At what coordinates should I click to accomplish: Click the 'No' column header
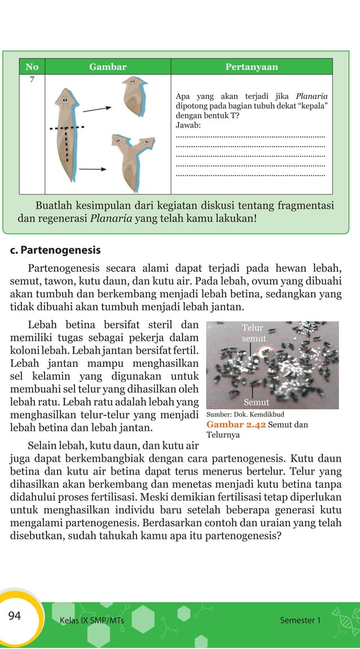point(32,67)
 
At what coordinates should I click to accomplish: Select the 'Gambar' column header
point(108,67)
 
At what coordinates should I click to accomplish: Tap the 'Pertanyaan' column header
point(252,67)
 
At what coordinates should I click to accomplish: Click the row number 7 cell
point(32,80)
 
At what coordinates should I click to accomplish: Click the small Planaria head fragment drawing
point(135,96)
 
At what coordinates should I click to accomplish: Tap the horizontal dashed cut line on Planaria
point(67,128)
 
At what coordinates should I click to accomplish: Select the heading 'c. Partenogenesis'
point(55,249)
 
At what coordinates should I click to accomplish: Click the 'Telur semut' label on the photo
point(253,333)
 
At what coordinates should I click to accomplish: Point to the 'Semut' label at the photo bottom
point(256,402)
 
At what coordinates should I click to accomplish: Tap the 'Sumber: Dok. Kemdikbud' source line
point(245,414)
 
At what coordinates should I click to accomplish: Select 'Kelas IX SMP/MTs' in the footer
point(91,621)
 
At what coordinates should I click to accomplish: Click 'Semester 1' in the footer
point(300,620)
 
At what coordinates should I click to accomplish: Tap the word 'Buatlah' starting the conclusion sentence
point(55,205)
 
